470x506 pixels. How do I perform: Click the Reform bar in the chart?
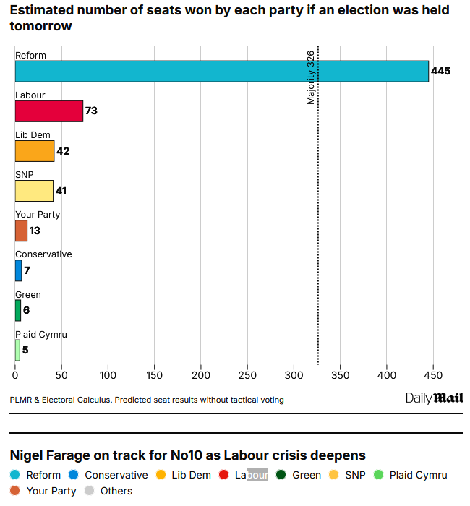(221, 72)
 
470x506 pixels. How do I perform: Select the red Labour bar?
(48, 111)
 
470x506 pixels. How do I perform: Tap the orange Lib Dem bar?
(34, 151)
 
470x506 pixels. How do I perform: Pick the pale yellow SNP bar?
(34, 191)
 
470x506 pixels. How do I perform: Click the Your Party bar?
(21, 231)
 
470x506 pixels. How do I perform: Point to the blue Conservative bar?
(18, 270)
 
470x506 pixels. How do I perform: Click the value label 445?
(440, 72)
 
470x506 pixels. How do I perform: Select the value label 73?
(91, 111)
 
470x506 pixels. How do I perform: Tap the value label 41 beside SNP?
(62, 191)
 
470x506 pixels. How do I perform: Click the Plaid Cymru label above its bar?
(41, 335)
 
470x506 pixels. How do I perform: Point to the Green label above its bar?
(28, 294)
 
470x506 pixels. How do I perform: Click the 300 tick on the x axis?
(294, 376)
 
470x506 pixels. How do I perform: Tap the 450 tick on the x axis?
(433, 376)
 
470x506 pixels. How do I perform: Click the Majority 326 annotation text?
(311, 78)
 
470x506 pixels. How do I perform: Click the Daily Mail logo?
(434, 398)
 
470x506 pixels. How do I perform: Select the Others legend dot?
(90, 491)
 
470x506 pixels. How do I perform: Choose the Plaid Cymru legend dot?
(380, 475)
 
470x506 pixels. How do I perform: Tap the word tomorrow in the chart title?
(40, 26)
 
